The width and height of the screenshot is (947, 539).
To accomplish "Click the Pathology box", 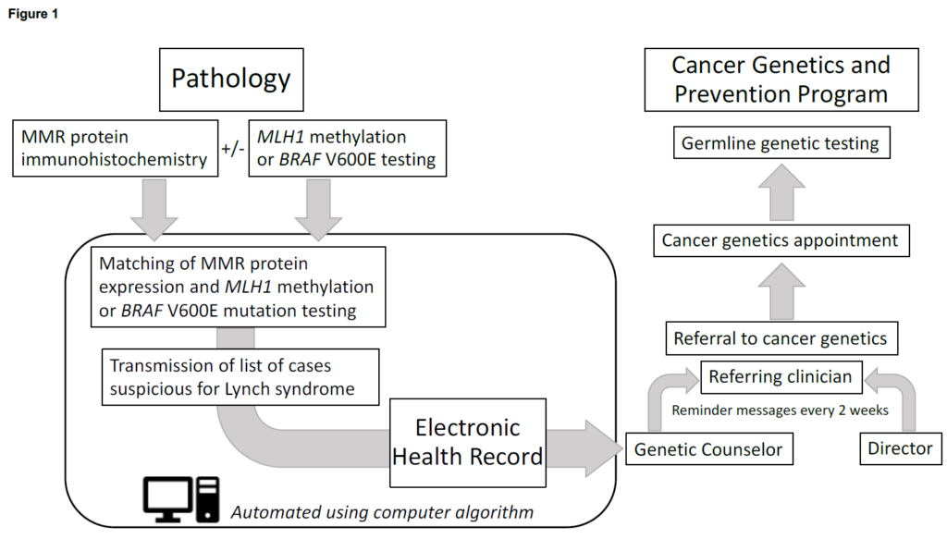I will pyautogui.click(x=230, y=79).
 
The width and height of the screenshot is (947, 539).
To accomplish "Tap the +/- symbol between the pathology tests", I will pyautogui.click(x=232, y=148).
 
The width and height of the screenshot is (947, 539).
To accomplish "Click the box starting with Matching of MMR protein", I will pyautogui.click(x=238, y=287).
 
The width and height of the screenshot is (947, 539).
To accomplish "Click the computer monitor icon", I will pyautogui.click(x=170, y=498).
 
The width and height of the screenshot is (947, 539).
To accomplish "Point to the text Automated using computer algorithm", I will pyautogui.click(x=381, y=510).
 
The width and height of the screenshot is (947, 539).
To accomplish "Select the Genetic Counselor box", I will pyautogui.click(x=707, y=449).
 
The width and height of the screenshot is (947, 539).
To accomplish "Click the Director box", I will pyautogui.click(x=900, y=449).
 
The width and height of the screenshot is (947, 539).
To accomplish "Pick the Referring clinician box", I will pyautogui.click(x=781, y=376).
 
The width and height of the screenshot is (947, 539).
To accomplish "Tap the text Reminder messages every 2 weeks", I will pyautogui.click(x=781, y=410).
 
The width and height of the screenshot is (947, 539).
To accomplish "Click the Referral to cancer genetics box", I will pyautogui.click(x=781, y=338).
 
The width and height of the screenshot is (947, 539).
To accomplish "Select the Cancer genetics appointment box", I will pyautogui.click(x=780, y=240).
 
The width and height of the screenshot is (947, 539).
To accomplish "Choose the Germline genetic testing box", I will pyautogui.click(x=780, y=144).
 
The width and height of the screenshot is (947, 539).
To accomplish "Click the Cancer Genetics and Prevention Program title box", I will pyautogui.click(x=781, y=80).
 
